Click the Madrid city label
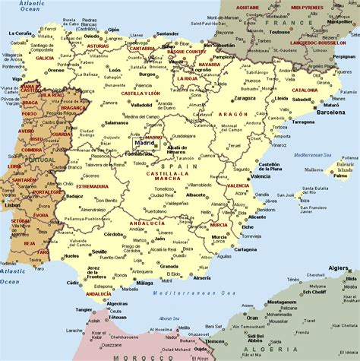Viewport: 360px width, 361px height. [144, 142]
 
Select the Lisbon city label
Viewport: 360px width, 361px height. [12, 204]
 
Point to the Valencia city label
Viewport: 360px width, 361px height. [260, 176]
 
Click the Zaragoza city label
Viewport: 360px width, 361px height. [245, 98]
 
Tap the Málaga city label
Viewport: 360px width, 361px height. [144, 283]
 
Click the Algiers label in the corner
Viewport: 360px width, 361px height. [339, 268]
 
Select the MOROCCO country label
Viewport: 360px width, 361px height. [127, 356]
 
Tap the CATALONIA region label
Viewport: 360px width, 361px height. [304, 90]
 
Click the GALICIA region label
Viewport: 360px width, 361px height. [44, 58]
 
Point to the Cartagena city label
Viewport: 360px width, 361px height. [245, 249]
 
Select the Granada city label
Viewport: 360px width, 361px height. [169, 267]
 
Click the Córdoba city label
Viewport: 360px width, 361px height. [114, 234]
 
